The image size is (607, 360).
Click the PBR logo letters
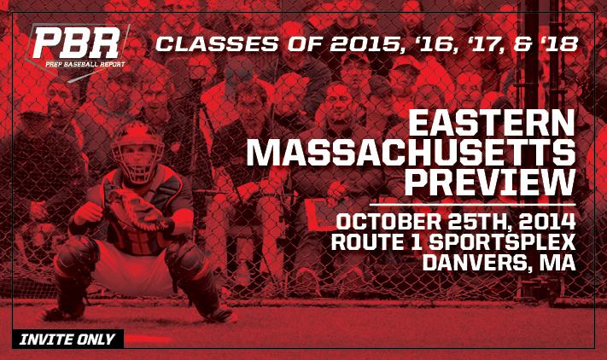pos(77,43)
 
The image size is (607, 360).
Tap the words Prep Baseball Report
pos(85,64)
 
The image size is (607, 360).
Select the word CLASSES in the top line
pos(217,44)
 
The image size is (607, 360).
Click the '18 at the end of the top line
pos(558,44)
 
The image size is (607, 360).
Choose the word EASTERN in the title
pos(492,123)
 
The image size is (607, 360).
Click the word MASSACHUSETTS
pos(411,153)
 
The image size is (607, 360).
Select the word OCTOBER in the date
pos(388,222)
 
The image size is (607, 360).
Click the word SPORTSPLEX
pos(502,242)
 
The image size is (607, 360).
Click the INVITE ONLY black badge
pos(68,340)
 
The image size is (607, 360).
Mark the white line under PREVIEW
pos(473,205)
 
